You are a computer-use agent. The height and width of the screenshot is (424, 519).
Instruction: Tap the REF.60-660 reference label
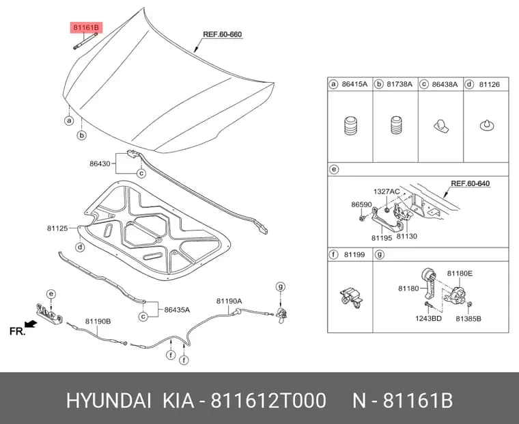[x=222, y=34]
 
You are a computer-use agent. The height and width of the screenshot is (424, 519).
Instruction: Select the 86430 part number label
[x=100, y=163]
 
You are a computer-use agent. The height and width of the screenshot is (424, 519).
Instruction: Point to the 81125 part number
[x=57, y=228]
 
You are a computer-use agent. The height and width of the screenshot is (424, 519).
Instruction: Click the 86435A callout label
[x=177, y=310]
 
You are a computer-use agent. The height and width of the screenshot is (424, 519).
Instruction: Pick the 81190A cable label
[x=229, y=301]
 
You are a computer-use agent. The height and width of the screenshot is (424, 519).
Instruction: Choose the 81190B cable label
[x=98, y=321]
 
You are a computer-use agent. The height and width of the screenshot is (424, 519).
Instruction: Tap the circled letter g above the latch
[x=281, y=287]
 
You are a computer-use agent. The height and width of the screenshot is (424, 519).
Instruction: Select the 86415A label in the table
[x=354, y=84]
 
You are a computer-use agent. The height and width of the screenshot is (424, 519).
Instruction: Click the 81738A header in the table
[x=399, y=84]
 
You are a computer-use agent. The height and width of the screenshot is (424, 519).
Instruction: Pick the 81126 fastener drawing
[x=486, y=125]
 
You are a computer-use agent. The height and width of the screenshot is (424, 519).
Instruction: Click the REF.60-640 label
[x=471, y=184]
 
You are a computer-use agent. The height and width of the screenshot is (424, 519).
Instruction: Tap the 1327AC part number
[x=387, y=191]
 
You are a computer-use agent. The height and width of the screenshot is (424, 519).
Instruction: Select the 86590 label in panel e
[x=361, y=204]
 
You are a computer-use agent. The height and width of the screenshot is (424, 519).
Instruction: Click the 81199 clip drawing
[x=351, y=297]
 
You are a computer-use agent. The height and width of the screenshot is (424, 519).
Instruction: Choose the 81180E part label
[x=460, y=273]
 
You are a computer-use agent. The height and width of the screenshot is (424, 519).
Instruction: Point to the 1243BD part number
[x=428, y=319]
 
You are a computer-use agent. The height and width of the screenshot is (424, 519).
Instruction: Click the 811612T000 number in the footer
[x=268, y=401]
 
